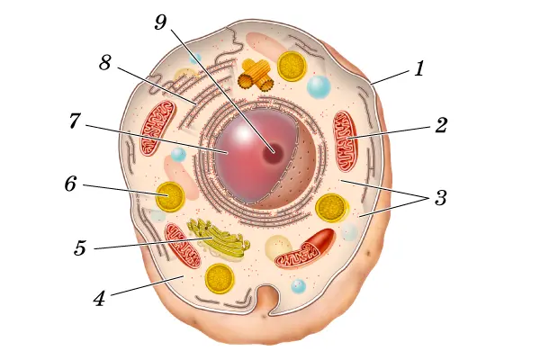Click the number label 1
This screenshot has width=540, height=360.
tap(418, 68)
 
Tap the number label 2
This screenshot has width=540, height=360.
tap(441, 125)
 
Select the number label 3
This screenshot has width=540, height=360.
tap(441, 198)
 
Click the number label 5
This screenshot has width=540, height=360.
tap(80, 247)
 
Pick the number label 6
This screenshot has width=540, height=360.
tap(70, 184)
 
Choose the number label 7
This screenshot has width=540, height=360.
tap(76, 121)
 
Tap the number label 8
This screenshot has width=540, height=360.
tap(105, 64)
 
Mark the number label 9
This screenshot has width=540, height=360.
tap(161, 22)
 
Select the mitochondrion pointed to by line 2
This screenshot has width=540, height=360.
tap(346, 140)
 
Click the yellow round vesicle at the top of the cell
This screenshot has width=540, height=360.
tap(291, 66)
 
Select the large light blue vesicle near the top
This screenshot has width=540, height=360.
tap(319, 86)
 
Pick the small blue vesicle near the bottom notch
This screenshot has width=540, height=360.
tap(298, 286)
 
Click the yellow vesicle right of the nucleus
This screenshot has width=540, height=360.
tap(331, 207)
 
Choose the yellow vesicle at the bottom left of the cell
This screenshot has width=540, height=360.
tap(220, 278)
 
